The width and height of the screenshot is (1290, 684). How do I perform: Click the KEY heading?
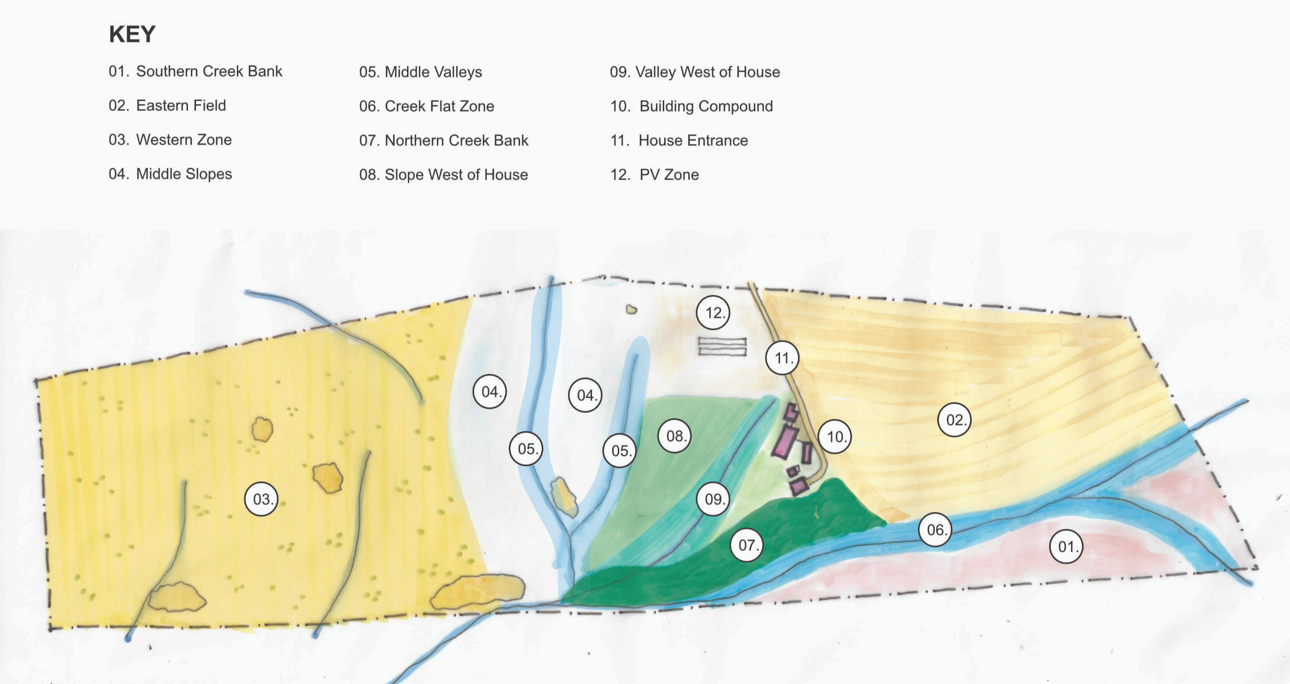(132, 34)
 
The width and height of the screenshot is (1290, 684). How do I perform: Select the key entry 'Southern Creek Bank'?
(196, 72)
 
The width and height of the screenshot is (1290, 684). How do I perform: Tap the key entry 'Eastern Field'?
(167, 106)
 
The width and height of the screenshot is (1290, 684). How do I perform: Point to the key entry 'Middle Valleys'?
(420, 72)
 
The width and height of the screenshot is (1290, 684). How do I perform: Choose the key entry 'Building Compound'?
(691, 106)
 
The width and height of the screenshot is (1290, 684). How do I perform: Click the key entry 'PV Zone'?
(655, 175)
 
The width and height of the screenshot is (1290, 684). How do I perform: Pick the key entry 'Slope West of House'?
(443, 175)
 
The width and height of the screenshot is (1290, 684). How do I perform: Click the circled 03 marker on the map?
(261, 499)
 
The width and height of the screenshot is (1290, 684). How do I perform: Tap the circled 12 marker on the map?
(713, 313)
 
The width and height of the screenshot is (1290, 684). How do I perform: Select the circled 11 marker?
(782, 358)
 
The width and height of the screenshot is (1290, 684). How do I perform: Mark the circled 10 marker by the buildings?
(835, 437)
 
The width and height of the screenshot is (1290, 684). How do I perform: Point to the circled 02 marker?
(954, 419)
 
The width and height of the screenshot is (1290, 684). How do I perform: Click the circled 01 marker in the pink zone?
(1066, 546)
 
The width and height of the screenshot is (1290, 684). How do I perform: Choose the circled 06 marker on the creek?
(936, 530)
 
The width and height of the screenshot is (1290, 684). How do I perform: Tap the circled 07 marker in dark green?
(747, 545)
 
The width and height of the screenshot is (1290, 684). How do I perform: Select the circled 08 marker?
(675, 436)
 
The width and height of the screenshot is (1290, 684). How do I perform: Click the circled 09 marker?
(713, 499)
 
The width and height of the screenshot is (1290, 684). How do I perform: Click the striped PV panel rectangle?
(722, 347)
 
